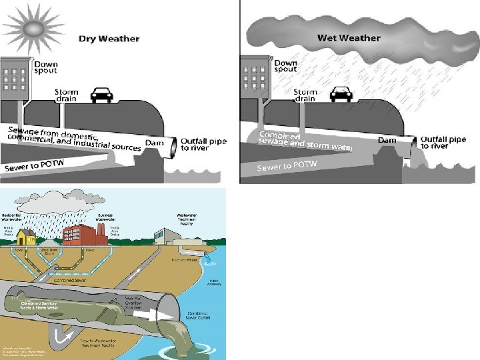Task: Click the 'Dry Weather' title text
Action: [109, 38]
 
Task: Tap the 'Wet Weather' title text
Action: [349, 37]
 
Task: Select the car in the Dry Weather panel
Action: [101, 95]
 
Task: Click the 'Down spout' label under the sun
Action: [45, 67]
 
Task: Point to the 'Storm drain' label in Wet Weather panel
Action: [305, 95]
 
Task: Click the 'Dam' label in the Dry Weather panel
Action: [155, 143]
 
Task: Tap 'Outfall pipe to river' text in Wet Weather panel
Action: [443, 143]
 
